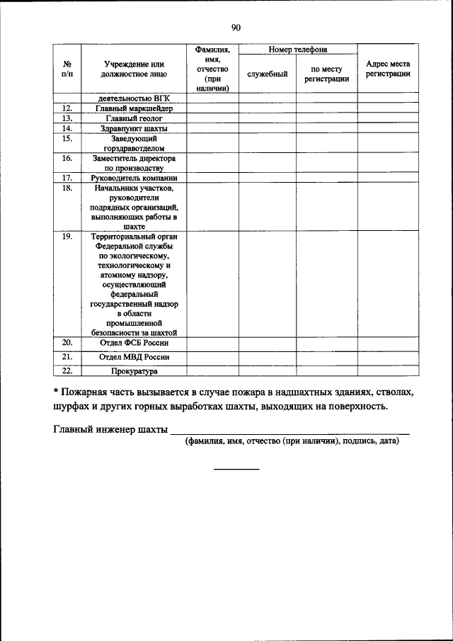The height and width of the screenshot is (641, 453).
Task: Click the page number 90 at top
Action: coord(236,28)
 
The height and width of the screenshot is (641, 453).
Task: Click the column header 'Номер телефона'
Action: coord(297,50)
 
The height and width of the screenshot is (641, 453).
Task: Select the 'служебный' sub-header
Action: coord(267,74)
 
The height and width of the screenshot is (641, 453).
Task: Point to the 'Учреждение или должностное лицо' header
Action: coord(134,69)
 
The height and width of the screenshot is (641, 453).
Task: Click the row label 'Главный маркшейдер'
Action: coord(134,108)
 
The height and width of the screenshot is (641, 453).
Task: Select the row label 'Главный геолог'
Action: coord(134,119)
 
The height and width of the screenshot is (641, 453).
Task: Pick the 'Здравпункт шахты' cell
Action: coord(134,129)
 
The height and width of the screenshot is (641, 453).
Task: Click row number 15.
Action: coord(68,140)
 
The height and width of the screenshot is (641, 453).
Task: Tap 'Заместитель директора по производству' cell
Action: coord(134,164)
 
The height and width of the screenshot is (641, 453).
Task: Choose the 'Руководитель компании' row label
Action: coord(134,178)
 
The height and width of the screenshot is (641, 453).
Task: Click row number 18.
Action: coord(68,189)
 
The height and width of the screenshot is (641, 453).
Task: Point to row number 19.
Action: coord(68,237)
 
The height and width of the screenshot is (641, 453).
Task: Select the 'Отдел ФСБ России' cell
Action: coord(134,344)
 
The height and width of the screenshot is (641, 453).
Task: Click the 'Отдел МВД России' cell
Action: coord(134,357)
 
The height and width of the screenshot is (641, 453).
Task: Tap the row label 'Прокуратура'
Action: coord(134,371)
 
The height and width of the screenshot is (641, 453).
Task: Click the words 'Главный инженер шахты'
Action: coord(110,429)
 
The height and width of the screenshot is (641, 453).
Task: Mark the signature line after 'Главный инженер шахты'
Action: coord(290,432)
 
